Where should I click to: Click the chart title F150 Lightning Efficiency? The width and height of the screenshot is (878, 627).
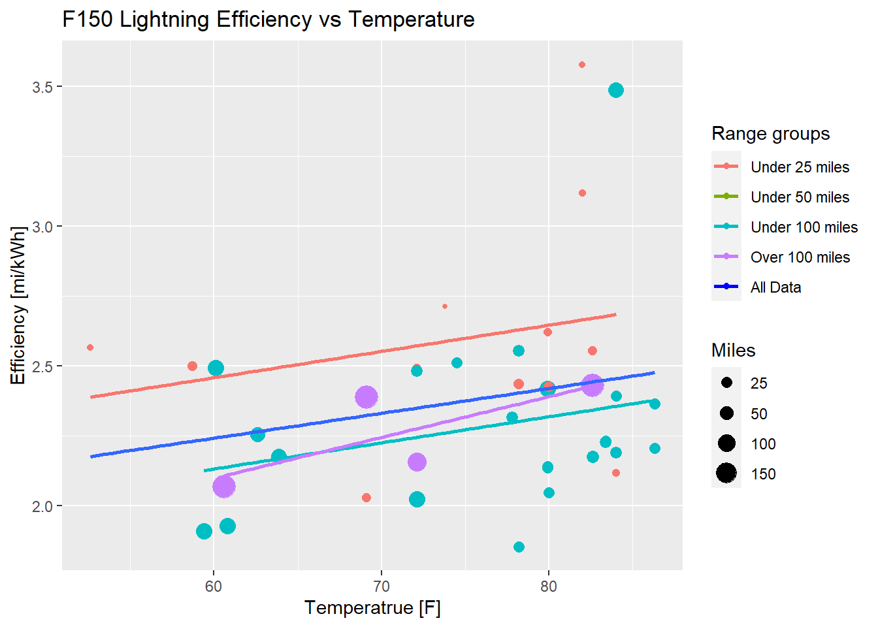(268, 20)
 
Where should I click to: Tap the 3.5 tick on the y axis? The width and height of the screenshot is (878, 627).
(42, 87)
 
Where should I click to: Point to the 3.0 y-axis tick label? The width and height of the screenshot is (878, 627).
(42, 227)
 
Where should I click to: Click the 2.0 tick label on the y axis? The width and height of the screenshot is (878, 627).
(42, 506)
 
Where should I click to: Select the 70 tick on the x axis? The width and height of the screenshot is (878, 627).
(381, 586)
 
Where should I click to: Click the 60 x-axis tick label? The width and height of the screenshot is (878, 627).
(214, 586)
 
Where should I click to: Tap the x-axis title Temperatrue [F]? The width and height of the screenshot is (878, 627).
(372, 608)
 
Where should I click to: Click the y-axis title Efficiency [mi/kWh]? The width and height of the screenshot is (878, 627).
(18, 305)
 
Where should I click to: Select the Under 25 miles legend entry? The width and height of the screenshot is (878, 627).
(800, 167)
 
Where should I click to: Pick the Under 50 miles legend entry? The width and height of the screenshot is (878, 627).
(800, 197)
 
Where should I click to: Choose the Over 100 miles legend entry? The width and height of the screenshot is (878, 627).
(800, 257)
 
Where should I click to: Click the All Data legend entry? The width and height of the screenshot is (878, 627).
(775, 287)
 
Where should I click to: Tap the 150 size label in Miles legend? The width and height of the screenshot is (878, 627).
(763, 474)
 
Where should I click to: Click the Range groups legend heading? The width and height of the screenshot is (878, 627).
(770, 134)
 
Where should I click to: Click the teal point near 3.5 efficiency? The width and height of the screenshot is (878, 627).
(615, 90)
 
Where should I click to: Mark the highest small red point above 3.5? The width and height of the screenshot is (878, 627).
(582, 65)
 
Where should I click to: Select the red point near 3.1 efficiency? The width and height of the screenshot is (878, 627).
(582, 193)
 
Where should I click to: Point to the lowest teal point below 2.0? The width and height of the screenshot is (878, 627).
(519, 547)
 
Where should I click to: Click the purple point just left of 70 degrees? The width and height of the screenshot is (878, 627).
(366, 396)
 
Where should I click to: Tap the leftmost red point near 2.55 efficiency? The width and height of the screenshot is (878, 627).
(90, 347)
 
